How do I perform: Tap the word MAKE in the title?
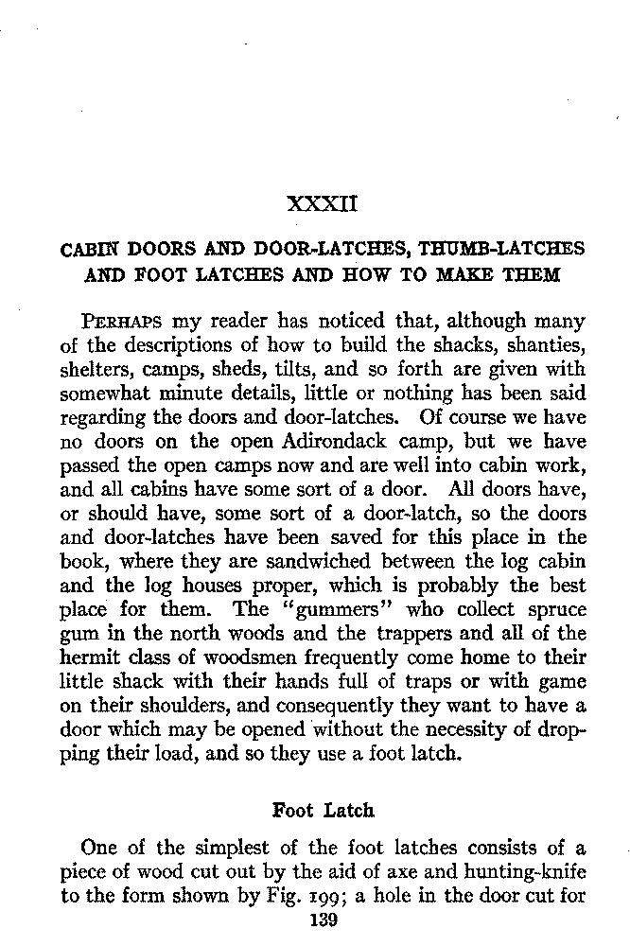(x=469, y=275)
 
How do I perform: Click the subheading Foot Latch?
(x=323, y=811)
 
